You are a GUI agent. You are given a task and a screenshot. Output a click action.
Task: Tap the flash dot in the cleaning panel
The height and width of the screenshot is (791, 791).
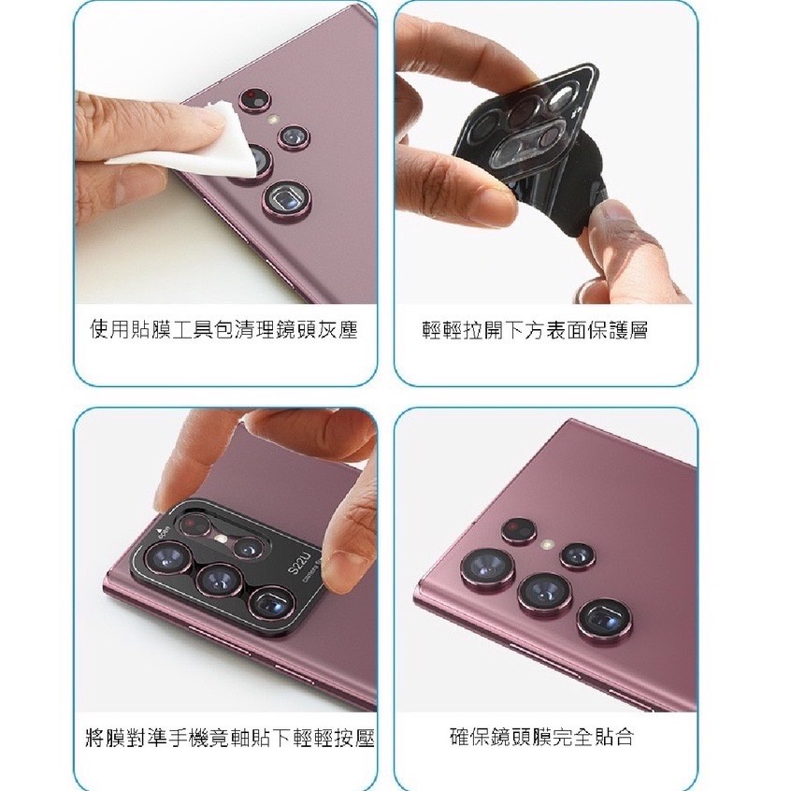click(273, 120)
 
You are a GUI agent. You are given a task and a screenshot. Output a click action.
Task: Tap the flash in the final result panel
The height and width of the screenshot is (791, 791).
click(546, 545)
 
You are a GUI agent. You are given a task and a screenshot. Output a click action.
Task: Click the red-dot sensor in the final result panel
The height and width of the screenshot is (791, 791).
click(519, 530)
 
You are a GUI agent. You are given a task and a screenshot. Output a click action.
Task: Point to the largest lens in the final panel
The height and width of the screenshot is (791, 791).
click(488, 569)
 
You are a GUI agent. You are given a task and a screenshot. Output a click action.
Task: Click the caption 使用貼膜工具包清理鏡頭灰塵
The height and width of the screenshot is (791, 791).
click(223, 329)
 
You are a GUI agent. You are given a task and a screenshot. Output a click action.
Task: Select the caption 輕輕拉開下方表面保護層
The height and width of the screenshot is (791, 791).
click(535, 330)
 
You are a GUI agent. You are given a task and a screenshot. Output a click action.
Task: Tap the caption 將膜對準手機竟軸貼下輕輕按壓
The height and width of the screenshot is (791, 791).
click(230, 737)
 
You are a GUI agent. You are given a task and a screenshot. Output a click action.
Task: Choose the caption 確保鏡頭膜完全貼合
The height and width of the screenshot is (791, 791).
click(541, 737)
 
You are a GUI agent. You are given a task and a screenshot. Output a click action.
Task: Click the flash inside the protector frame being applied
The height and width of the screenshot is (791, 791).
click(220, 539)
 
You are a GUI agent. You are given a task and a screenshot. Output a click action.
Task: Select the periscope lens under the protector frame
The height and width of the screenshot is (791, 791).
click(272, 602)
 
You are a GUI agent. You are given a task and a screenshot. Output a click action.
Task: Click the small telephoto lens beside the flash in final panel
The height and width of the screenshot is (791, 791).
click(578, 556)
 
